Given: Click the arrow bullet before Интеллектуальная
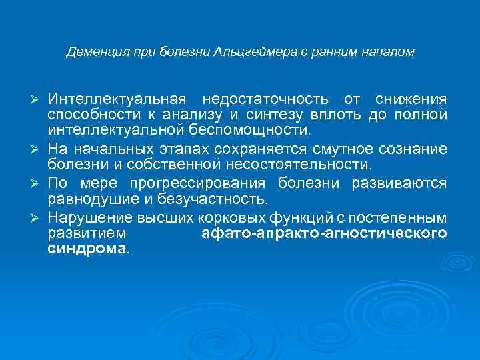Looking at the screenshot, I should (x=37, y=100).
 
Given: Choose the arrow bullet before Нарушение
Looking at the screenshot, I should (x=37, y=218).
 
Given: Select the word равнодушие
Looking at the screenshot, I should (x=90, y=199).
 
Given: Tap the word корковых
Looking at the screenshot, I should (x=227, y=218).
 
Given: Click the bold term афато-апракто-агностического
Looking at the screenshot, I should (x=323, y=234).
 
